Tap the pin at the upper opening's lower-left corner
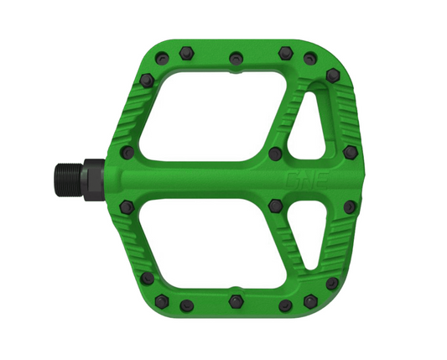tap(128, 153)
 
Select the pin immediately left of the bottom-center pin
tap(187, 304)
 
